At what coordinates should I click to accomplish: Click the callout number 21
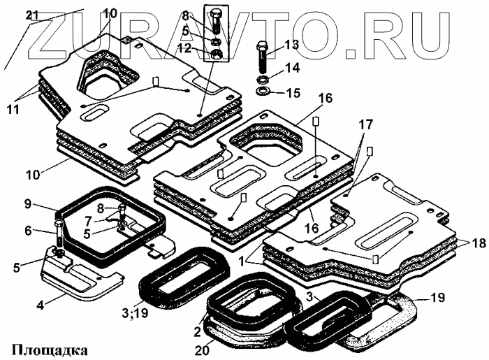[x=34, y=15]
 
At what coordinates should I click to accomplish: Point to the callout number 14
[x=291, y=69]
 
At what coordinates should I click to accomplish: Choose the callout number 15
[x=291, y=92]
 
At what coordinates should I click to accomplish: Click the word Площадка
[x=48, y=347]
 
